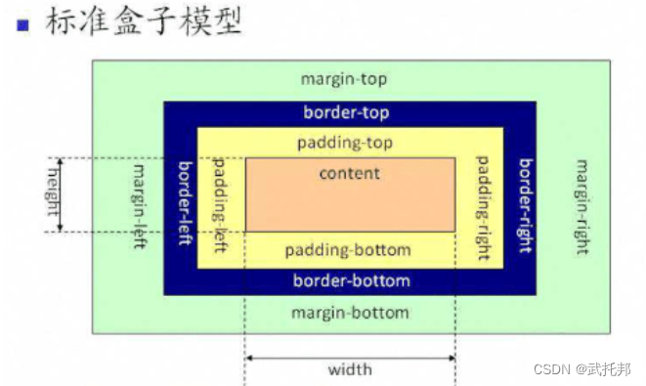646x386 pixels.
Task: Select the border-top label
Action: point(349,112)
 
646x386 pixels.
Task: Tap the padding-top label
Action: point(349,142)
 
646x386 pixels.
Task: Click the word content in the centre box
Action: point(349,173)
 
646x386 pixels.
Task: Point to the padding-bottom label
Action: point(348,250)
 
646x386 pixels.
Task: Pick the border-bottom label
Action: point(351,280)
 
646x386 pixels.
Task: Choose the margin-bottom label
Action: point(349,313)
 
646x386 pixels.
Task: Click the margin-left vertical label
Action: point(140,206)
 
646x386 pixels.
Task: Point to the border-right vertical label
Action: point(524,206)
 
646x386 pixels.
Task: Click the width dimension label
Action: point(349,371)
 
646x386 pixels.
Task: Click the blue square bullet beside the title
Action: point(22,25)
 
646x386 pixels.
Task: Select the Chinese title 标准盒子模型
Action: point(143,22)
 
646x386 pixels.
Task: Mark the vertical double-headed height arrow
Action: point(61,194)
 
